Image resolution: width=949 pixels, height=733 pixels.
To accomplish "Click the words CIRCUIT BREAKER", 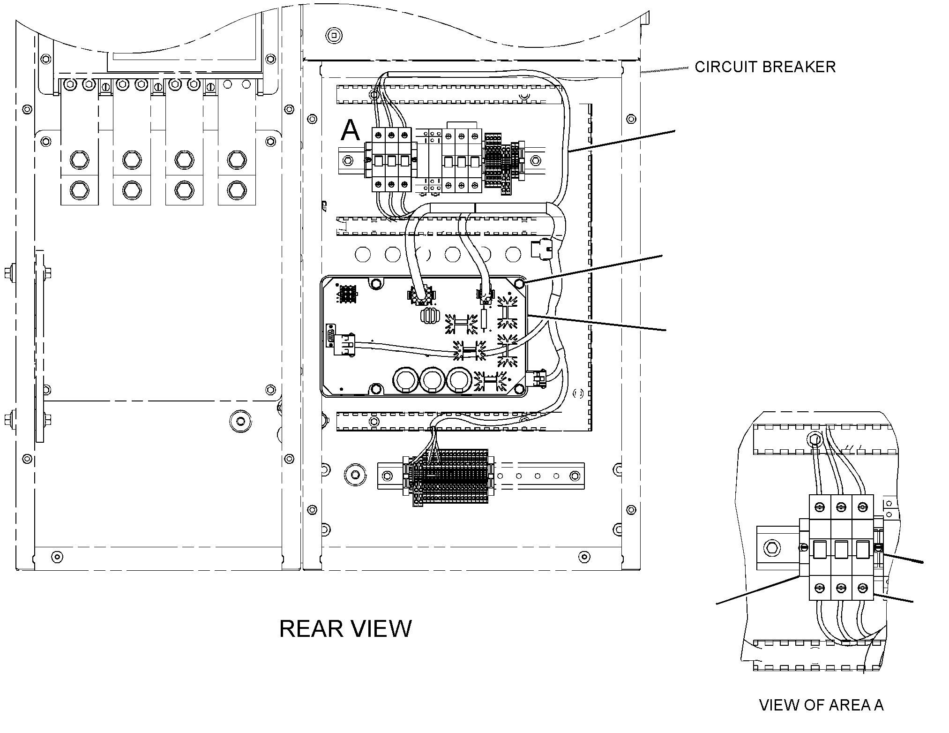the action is pyautogui.click(x=765, y=67).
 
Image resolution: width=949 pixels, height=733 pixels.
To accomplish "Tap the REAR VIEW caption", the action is pyautogui.click(x=345, y=629).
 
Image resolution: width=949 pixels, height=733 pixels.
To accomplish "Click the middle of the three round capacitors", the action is pyautogui.click(x=430, y=380).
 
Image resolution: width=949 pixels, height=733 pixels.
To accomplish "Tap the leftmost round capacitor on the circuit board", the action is pyautogui.click(x=404, y=380).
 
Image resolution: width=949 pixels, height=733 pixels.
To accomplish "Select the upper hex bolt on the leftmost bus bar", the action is pyautogui.click(x=79, y=160).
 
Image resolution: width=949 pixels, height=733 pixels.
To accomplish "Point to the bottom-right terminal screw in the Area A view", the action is pyautogui.click(x=862, y=588).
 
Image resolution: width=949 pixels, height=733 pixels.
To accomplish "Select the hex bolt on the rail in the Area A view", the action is pyautogui.click(x=771, y=547).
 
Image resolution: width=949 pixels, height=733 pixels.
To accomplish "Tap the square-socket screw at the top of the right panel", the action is pyautogui.click(x=334, y=35).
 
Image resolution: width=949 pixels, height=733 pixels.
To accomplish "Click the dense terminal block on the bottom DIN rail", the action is pyautogui.click(x=450, y=476).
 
